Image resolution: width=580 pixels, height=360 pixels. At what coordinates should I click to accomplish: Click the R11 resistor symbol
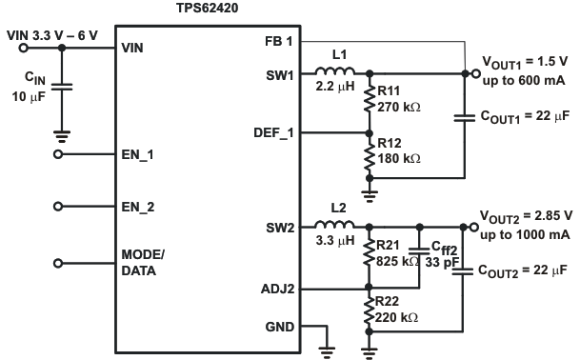pos(370,103)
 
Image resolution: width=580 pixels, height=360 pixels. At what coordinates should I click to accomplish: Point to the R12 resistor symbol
pos(370,159)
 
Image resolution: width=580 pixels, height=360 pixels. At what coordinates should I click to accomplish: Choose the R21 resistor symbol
pos(370,256)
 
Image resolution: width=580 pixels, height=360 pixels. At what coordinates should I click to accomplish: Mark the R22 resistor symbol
pos(370,313)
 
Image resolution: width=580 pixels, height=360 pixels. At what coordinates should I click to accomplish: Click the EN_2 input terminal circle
pos(59,205)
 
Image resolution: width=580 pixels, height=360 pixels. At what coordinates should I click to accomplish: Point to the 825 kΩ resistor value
pos(394,261)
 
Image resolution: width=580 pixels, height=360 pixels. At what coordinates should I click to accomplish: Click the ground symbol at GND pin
pos(329,348)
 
